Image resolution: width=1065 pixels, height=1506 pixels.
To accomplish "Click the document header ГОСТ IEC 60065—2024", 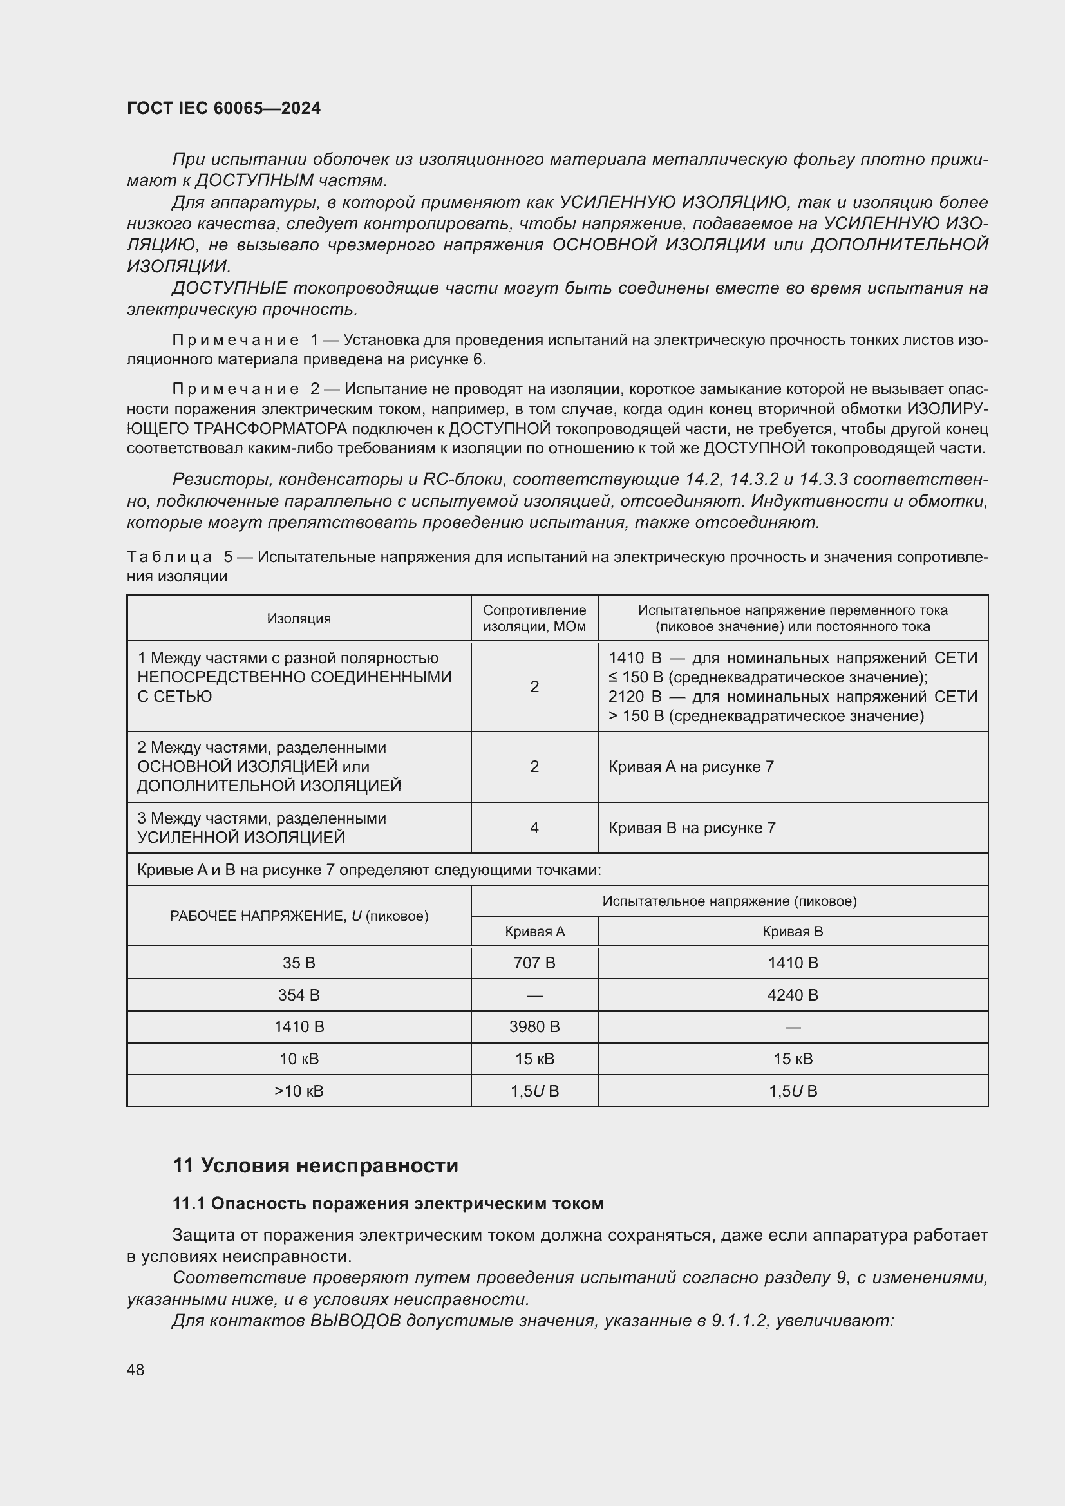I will point(223,108).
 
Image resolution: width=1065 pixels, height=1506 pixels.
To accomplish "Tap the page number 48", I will point(136,1370).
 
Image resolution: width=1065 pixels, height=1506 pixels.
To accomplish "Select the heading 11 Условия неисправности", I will point(315,1165).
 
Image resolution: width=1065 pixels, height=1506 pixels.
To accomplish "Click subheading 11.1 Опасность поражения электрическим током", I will point(388,1203).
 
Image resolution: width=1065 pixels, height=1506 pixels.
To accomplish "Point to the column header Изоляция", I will point(298,619).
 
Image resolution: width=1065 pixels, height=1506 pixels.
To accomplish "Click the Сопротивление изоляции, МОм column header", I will point(534,619).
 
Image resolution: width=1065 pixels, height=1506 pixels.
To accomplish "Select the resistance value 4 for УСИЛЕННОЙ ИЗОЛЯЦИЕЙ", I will point(534,828).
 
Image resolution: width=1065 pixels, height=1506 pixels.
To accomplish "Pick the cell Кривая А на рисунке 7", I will point(690,767).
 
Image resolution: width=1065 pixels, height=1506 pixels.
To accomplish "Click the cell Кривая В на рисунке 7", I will point(691,828).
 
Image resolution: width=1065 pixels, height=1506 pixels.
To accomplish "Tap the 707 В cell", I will point(534,963).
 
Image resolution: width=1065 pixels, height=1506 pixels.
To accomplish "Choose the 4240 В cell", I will point(792,995).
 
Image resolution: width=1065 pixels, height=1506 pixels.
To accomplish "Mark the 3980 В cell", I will point(534,1026).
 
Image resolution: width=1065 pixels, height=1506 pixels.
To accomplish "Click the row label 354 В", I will point(298,995).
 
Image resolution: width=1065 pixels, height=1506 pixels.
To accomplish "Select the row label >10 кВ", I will point(298,1091).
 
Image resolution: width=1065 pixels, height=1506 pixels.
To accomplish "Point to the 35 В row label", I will point(298,963).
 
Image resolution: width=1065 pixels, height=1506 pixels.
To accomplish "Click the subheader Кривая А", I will point(534,932).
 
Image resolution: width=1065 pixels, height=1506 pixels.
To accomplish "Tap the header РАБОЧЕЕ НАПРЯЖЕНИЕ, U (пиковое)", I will point(298,916).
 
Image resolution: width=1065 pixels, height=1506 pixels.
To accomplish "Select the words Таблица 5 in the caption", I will point(179,557).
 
